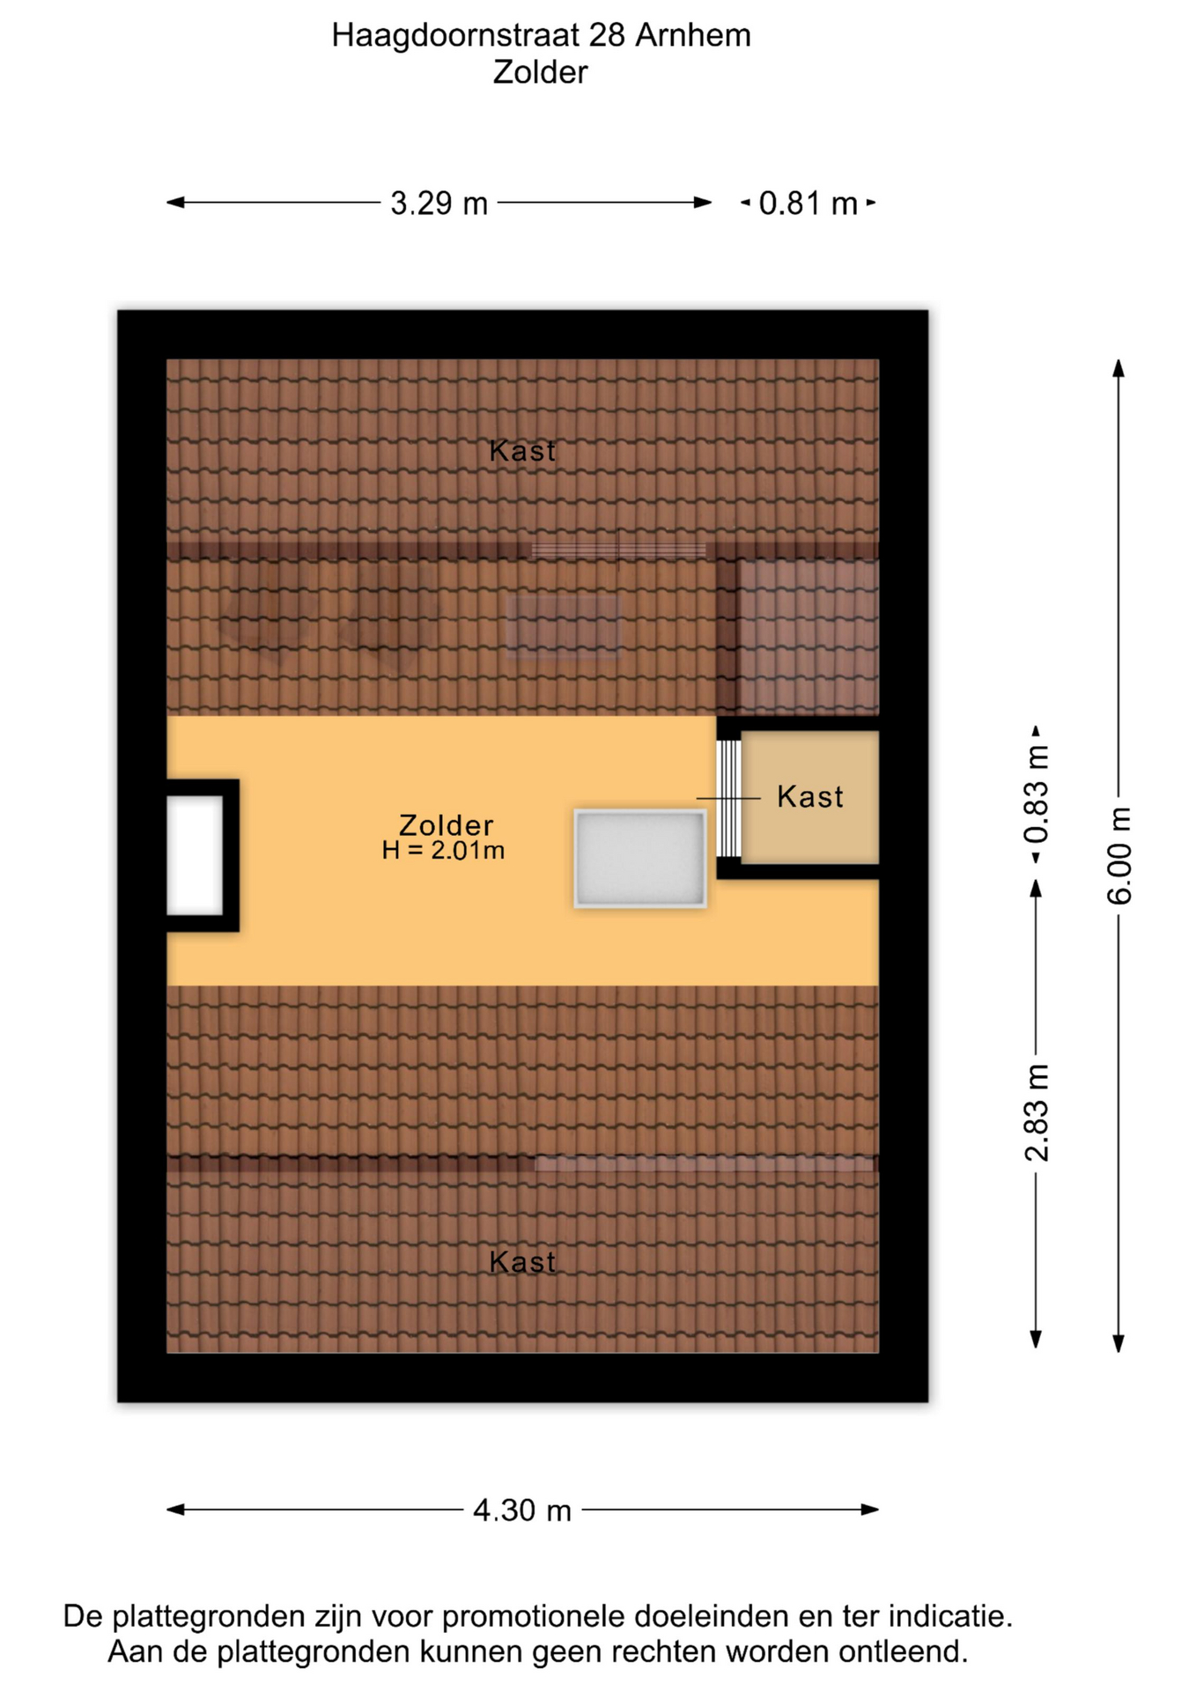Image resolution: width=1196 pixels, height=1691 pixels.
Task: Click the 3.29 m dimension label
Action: click(439, 203)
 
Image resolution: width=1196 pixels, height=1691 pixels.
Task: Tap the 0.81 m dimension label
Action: click(808, 203)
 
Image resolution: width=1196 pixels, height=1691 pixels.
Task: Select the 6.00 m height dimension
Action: click(1119, 855)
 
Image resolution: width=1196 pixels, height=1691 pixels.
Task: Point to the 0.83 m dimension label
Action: click(1037, 794)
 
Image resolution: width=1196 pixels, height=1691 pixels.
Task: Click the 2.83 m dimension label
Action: click(1037, 1112)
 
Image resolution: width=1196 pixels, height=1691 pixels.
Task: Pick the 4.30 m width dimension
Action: click(522, 1510)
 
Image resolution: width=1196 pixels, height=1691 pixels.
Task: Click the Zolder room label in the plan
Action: click(446, 825)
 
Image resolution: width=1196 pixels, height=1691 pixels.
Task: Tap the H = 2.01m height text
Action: click(443, 850)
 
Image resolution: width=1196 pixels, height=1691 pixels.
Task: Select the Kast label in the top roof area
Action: click(522, 451)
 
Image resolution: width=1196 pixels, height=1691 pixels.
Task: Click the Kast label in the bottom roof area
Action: click(522, 1262)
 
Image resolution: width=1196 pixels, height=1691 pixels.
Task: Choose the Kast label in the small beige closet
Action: click(810, 797)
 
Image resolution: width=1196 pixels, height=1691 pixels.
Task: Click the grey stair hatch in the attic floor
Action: click(640, 859)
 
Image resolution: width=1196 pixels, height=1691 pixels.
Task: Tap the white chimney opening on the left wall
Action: click(195, 855)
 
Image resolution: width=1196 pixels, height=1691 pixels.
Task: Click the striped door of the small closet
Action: click(729, 798)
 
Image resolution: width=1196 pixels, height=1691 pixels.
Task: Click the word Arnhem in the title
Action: click(693, 35)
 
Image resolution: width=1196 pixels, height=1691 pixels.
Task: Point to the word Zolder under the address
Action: click(540, 72)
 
